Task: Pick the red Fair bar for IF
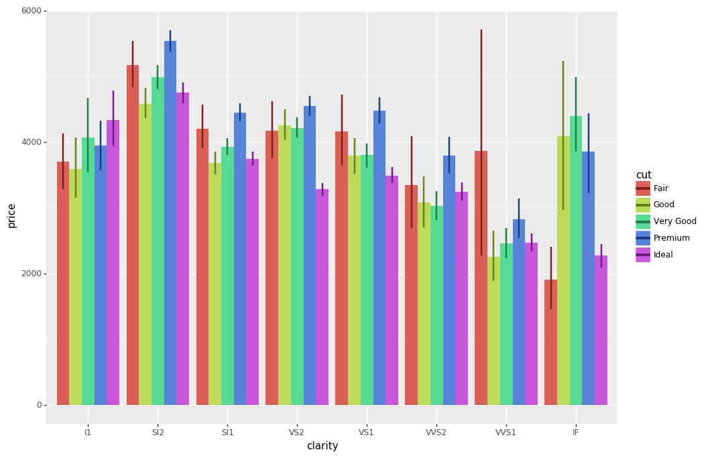pos(550,342)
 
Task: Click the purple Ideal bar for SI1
pos(252,282)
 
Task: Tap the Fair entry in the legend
pos(660,188)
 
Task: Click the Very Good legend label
pos(674,221)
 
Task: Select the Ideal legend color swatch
pos(643,255)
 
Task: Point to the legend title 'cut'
pos(644,175)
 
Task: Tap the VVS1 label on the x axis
pos(505,433)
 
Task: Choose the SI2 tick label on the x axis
pos(158,433)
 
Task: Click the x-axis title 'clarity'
pos(322,446)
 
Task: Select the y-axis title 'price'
pos(12,215)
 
